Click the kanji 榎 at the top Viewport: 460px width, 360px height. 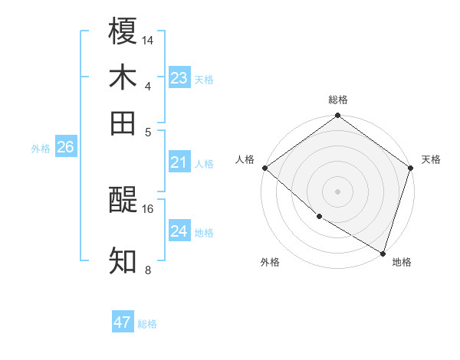click(x=123, y=31)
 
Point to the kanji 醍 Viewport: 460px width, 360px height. click(x=123, y=201)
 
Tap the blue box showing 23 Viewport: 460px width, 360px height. click(x=179, y=77)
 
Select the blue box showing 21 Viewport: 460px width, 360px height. click(x=179, y=162)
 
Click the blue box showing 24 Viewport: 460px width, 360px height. click(x=179, y=231)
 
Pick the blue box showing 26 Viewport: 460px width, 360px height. click(x=65, y=147)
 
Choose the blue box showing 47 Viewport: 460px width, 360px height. click(x=123, y=322)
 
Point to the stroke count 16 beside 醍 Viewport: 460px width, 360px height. click(x=148, y=208)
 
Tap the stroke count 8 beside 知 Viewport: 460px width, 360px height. click(x=147, y=270)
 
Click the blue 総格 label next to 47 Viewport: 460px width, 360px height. click(x=147, y=324)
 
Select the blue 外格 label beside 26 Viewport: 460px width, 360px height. click(x=40, y=149)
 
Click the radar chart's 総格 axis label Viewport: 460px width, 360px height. click(x=337, y=100)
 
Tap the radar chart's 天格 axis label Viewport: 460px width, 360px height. click(x=431, y=159)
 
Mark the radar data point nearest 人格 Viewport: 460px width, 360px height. click(x=264, y=168)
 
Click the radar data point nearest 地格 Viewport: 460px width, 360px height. click(x=383, y=253)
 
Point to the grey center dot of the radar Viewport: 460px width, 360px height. click(x=337, y=191)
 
